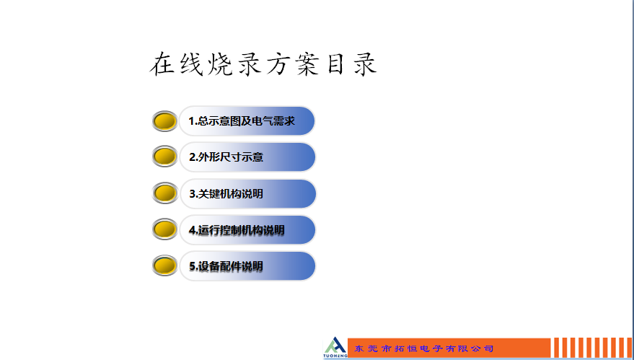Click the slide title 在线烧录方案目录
click(264, 64)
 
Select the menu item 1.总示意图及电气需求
click(247, 121)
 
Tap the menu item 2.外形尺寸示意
click(247, 157)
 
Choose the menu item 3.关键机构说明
click(247, 194)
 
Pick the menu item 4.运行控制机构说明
click(247, 230)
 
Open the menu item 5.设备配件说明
click(247, 266)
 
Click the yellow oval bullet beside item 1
click(165, 121)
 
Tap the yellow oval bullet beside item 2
click(165, 157)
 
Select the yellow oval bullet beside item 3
click(165, 193)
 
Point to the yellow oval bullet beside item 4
click(165, 229)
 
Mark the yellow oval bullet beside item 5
click(165, 265)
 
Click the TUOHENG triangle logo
click(335, 345)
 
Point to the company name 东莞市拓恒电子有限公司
click(423, 348)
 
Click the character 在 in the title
click(162, 64)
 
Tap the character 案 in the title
click(308, 64)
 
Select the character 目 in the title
click(336, 65)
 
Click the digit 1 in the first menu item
click(191, 121)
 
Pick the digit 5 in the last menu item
click(193, 266)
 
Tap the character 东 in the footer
click(359, 348)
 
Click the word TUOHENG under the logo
click(335, 356)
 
